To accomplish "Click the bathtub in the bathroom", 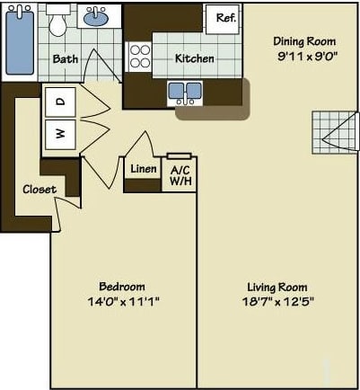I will (19, 42).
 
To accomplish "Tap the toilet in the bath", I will (59, 22).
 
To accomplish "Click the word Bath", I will (66, 59).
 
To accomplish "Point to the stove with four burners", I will (140, 57).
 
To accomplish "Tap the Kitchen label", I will (195, 58).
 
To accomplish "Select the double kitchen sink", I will (185, 90).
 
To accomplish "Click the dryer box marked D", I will (61, 102).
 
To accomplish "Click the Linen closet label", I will (144, 169).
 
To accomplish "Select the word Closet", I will (40, 190).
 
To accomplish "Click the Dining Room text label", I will (304, 41).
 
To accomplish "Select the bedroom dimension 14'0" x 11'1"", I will (124, 301).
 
